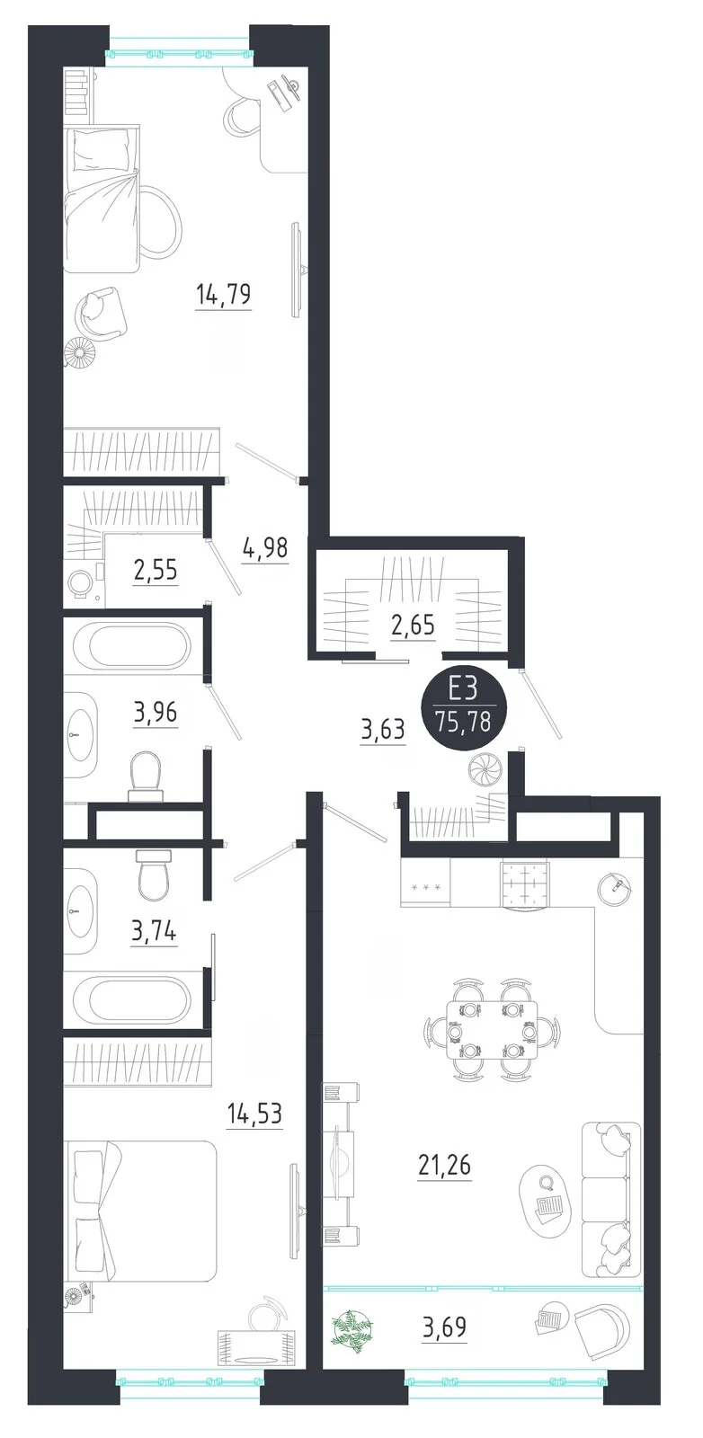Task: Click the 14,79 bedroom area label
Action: [224, 296]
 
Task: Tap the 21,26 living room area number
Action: [444, 1163]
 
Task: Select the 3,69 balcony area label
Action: [444, 1326]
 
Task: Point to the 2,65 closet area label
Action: [413, 624]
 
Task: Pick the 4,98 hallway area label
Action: [265, 548]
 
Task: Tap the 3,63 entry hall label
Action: [383, 730]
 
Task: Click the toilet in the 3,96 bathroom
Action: [146, 777]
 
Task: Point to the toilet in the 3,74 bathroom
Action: [154, 874]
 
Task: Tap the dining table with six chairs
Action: [493, 1030]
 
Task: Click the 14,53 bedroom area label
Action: [254, 1114]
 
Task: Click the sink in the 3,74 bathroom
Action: [80, 910]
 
